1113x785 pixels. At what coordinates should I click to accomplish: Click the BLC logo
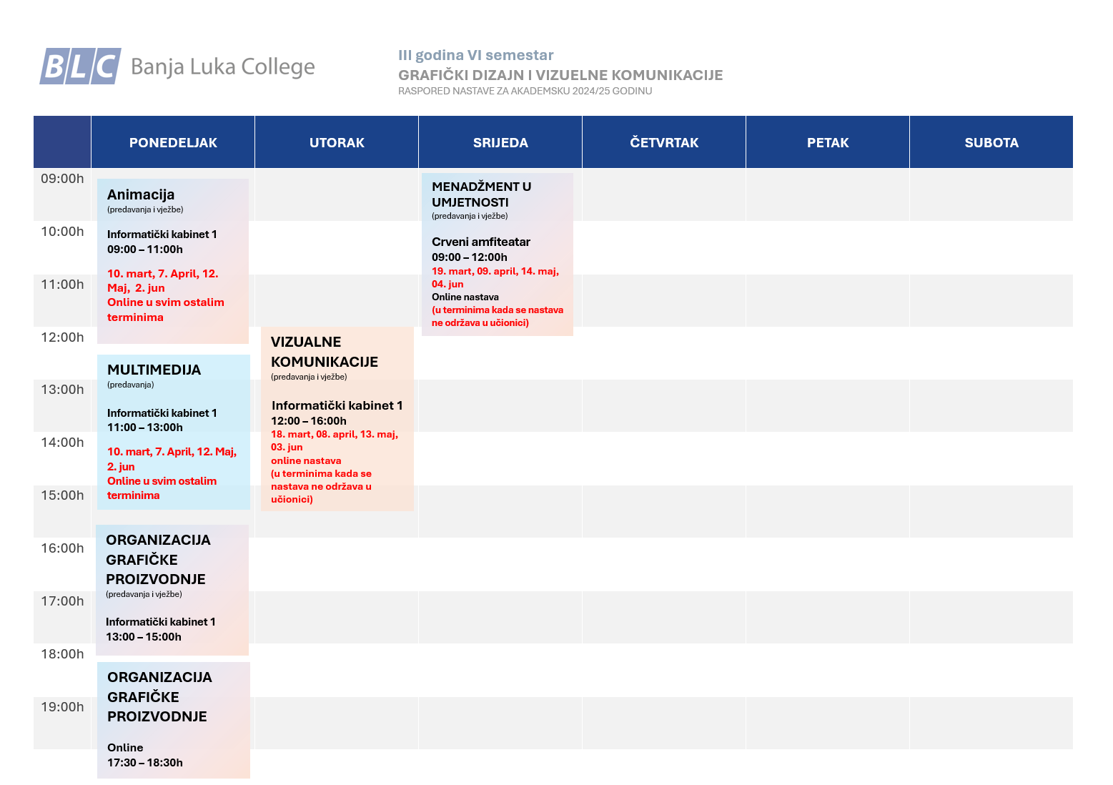click(x=80, y=66)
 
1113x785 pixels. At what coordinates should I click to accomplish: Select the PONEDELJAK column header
click(x=173, y=142)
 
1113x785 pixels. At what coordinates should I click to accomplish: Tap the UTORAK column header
click(x=337, y=142)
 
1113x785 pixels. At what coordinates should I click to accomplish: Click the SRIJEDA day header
click(x=500, y=142)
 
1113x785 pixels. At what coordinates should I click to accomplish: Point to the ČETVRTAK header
click(x=664, y=142)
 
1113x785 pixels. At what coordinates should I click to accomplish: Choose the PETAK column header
click(x=828, y=142)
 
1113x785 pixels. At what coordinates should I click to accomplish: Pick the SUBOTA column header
click(x=991, y=142)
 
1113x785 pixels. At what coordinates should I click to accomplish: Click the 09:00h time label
click(x=62, y=179)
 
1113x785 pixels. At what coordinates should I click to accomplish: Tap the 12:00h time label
click(x=62, y=337)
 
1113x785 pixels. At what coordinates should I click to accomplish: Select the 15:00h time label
click(x=62, y=495)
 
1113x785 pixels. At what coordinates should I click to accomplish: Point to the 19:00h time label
click(x=62, y=707)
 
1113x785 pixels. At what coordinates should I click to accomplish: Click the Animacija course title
click(x=141, y=194)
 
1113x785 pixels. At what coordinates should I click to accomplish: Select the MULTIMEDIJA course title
click(x=154, y=370)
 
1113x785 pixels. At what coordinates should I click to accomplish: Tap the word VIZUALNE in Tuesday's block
click(x=306, y=342)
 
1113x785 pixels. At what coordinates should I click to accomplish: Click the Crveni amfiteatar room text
click(x=481, y=242)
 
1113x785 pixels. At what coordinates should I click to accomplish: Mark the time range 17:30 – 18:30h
click(x=145, y=763)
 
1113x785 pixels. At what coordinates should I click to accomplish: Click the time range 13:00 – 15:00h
click(x=144, y=637)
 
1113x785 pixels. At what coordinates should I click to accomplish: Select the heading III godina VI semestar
click(x=476, y=55)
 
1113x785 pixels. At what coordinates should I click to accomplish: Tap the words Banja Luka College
click(x=223, y=66)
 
